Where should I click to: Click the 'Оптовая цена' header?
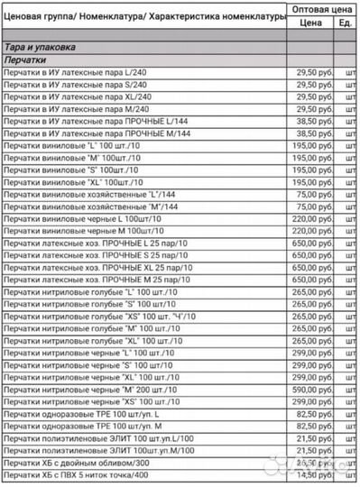(x=322, y=7)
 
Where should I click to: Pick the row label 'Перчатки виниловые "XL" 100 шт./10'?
(x=76, y=181)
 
